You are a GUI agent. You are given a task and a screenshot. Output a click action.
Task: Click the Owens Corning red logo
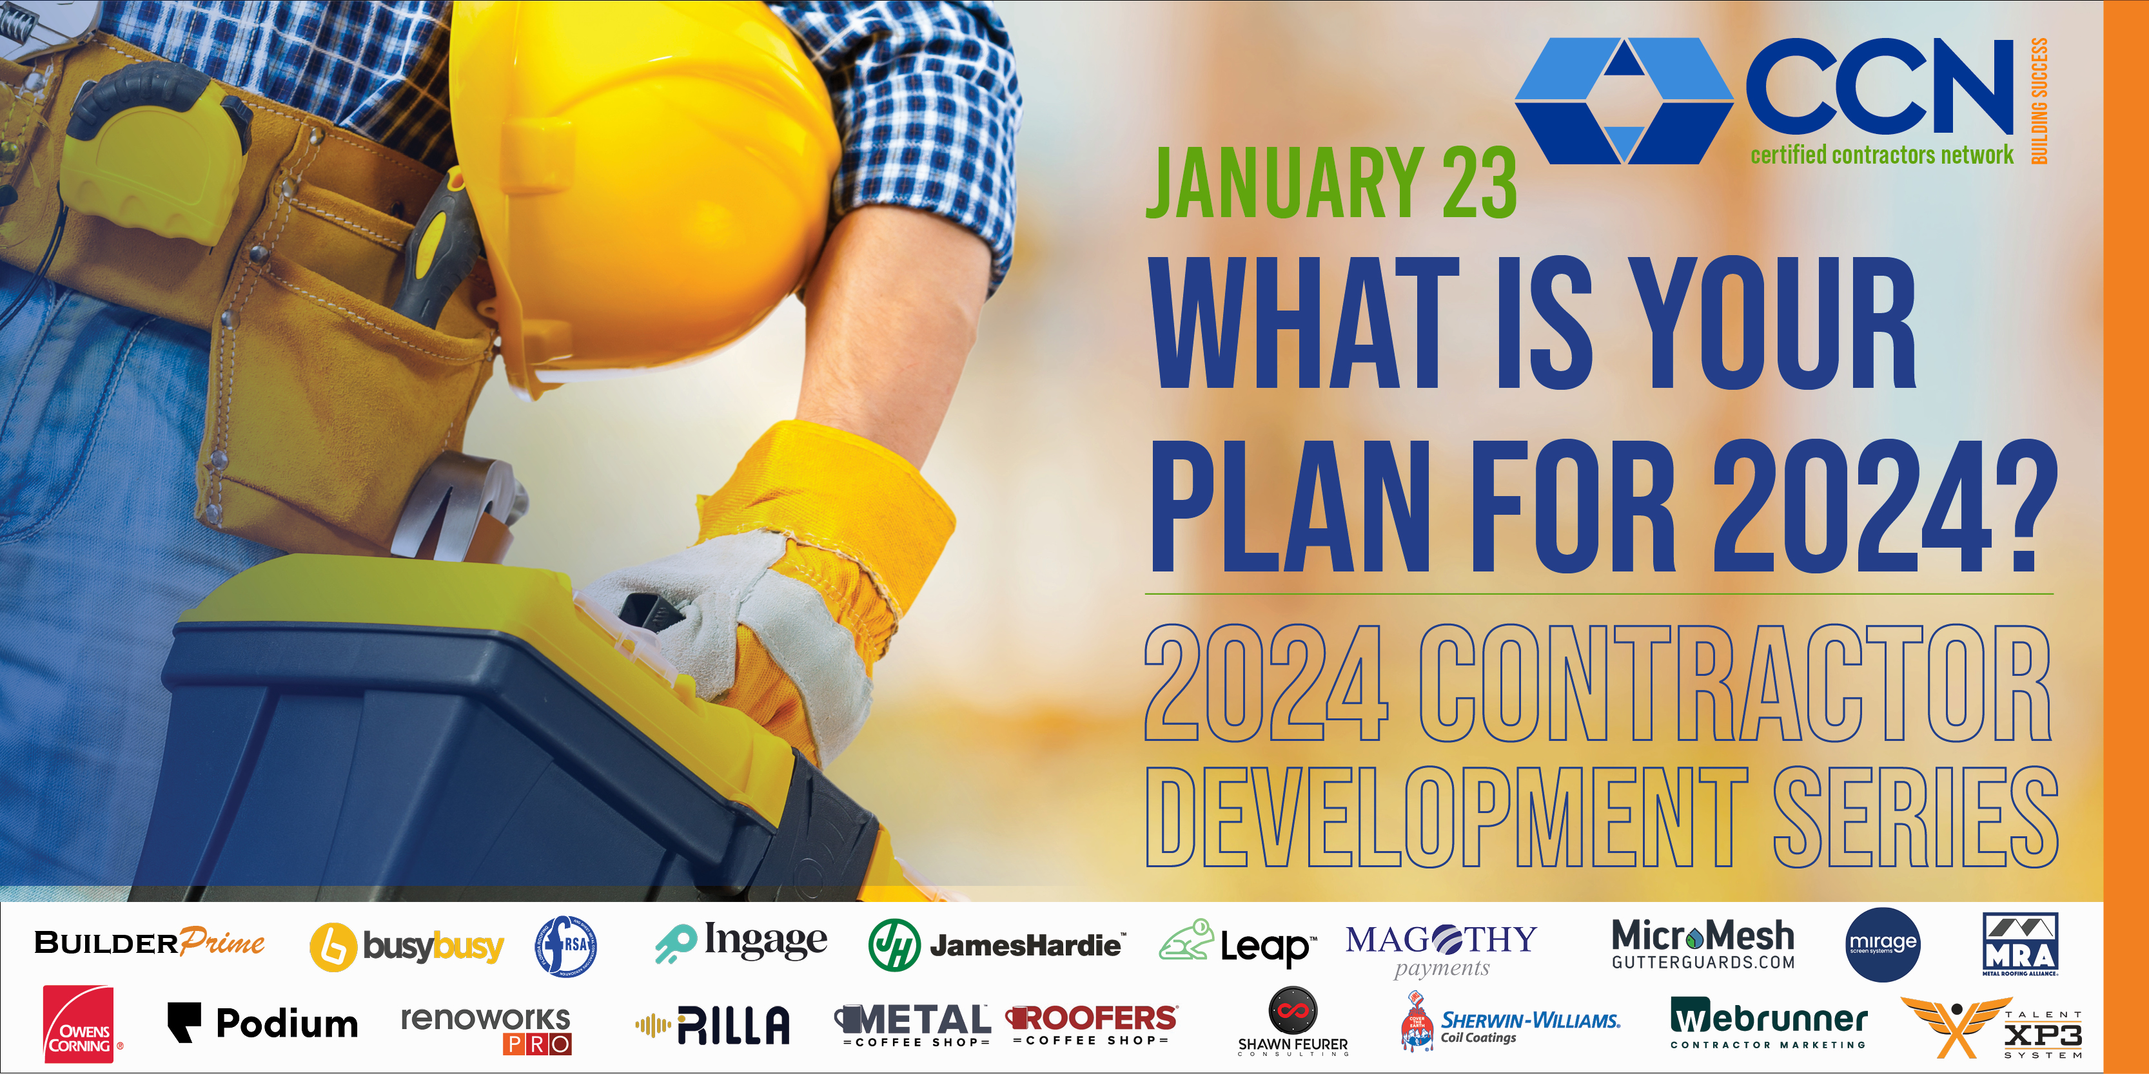point(80,1024)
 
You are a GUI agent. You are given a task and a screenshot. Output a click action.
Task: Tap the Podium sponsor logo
point(263,1023)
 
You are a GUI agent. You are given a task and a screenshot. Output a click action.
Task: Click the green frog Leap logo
point(1238,944)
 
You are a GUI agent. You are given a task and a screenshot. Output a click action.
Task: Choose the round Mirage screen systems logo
point(1883,944)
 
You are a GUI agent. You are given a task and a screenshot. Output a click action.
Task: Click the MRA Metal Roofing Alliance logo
point(2019,944)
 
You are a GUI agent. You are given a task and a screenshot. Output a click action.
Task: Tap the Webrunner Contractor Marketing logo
point(1769,1022)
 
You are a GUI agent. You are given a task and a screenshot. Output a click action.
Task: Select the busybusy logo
point(407,946)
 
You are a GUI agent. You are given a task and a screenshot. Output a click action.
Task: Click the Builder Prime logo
point(150,943)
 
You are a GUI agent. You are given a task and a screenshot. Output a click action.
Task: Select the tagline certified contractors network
point(1881,155)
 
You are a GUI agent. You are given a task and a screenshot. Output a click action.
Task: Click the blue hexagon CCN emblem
point(1623,100)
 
